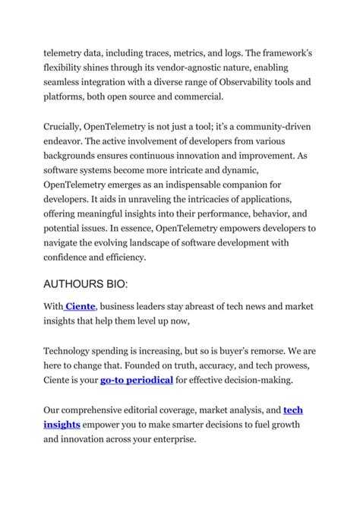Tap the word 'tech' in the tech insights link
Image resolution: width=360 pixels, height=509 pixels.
(292, 409)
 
